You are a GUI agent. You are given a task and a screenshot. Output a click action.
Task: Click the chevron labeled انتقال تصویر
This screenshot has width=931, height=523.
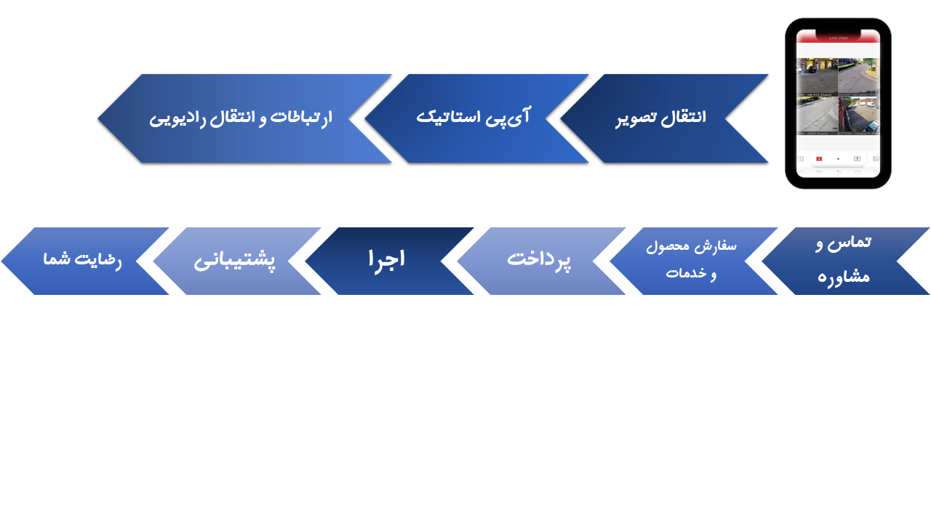[x=662, y=118]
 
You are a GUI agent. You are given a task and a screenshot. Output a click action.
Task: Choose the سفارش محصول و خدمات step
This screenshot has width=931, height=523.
[x=691, y=261]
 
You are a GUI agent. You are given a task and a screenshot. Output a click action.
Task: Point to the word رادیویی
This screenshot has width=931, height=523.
[x=175, y=118]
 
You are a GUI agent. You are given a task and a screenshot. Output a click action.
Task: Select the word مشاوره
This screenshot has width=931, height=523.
[x=843, y=277]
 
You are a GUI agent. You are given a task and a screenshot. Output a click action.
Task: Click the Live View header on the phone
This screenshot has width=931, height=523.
[x=838, y=37]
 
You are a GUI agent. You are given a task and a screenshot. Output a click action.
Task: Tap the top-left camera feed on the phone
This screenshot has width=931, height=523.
[x=817, y=77]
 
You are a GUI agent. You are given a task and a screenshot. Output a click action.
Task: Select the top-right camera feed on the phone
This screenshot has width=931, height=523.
[x=859, y=77]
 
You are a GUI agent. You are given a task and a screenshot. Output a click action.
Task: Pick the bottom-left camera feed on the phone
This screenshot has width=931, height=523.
[x=817, y=115]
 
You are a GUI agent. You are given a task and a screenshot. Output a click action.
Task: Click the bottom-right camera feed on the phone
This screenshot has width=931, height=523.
[x=859, y=115]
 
